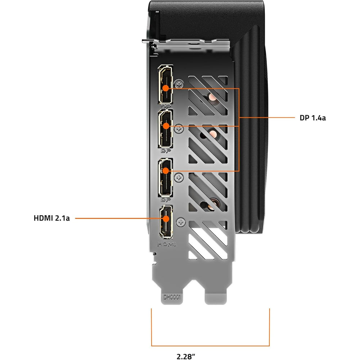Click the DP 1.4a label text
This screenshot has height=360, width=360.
312,118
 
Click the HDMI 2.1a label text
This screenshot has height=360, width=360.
51,218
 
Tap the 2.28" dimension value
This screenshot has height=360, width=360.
186,356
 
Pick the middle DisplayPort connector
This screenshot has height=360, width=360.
165,129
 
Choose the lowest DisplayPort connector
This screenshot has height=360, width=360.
165,177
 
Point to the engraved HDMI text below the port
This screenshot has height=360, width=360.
167,244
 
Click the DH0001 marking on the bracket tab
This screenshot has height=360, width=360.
172,297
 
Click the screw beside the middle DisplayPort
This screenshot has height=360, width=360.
179,129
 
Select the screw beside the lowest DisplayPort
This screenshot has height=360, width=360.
179,177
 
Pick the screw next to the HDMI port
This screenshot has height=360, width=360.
181,222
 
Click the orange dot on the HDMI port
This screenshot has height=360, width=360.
166,219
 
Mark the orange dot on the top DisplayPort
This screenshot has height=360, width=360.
166,88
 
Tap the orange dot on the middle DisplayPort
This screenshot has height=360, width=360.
166,126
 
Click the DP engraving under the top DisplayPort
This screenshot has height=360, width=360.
166,106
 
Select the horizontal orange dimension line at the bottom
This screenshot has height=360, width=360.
210,346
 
